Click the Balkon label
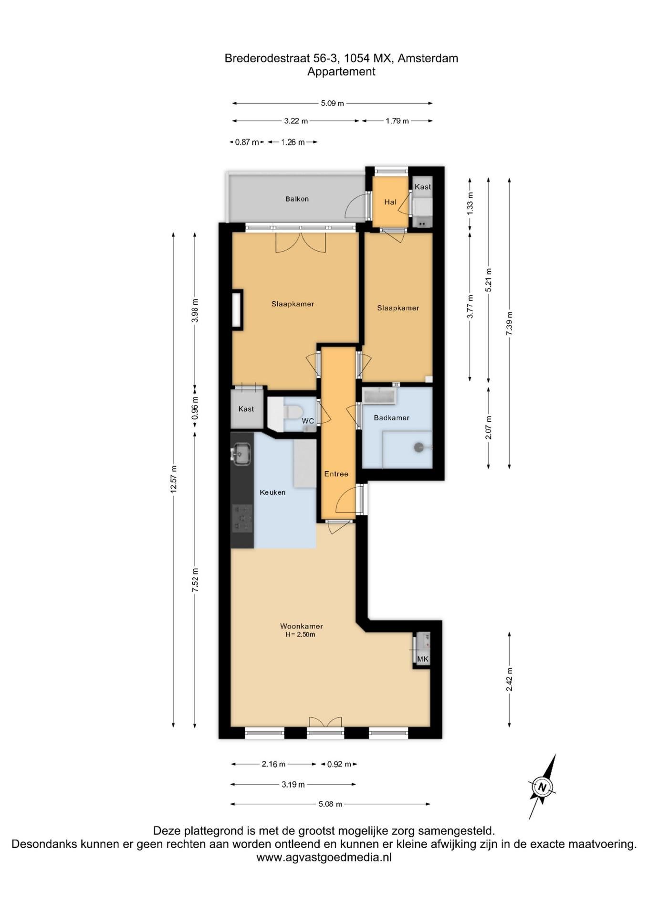coord(297,199)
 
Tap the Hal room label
coord(390,202)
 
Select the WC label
coord(308,421)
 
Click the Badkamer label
coord(392,417)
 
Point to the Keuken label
coord(272,492)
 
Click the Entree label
coord(336,474)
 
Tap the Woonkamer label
coord(302,626)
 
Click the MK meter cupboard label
coord(423,659)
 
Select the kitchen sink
coord(241,454)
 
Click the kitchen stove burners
coord(242,518)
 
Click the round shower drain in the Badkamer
coord(419,448)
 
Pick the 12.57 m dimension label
coord(174,479)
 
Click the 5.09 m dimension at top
coord(332,103)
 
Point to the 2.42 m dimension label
coord(509,680)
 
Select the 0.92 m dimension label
coord(339,764)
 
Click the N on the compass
coord(542,787)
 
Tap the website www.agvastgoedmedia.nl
coord(324,857)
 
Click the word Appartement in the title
coord(341,72)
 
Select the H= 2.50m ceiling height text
coord(300,635)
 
